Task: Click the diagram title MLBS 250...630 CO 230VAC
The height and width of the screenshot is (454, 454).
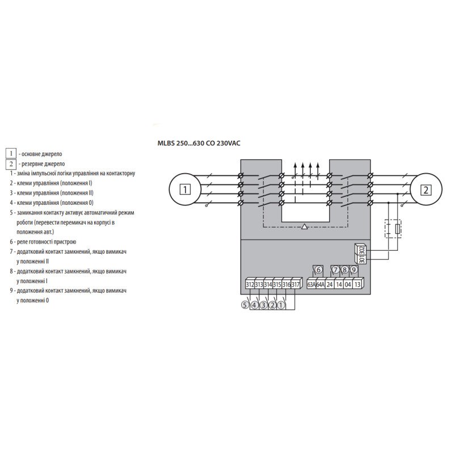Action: click(x=199, y=143)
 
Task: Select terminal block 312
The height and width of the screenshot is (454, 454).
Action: click(x=250, y=284)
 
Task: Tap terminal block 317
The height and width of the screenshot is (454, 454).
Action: click(x=296, y=284)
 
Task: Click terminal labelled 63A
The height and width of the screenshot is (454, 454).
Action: click(x=311, y=284)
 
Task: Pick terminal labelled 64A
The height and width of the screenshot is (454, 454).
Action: click(x=321, y=284)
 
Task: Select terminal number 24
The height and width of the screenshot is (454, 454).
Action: click(x=330, y=284)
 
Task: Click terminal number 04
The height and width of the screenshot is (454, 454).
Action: click(x=348, y=284)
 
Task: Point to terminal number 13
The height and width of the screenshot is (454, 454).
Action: click(x=358, y=284)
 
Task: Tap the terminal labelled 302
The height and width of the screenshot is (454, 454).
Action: click(x=363, y=250)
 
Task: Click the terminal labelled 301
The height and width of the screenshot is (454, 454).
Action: click(x=363, y=260)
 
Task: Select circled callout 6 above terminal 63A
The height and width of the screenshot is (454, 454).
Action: click(x=318, y=270)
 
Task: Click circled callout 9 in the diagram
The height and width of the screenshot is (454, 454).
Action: click(x=354, y=270)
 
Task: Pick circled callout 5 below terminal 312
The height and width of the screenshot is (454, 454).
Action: click(x=245, y=305)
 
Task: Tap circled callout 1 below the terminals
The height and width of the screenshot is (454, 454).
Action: click(x=281, y=305)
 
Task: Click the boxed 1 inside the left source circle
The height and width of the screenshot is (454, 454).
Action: click(x=185, y=190)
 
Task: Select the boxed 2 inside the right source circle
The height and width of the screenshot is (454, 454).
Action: click(x=426, y=190)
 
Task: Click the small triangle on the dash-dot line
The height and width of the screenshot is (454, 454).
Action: click(x=304, y=226)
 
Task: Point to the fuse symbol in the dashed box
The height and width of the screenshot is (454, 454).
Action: click(x=398, y=229)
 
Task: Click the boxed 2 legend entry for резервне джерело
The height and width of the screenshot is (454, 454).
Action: click(x=11, y=164)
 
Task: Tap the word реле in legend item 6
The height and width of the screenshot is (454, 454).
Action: click(x=23, y=242)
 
